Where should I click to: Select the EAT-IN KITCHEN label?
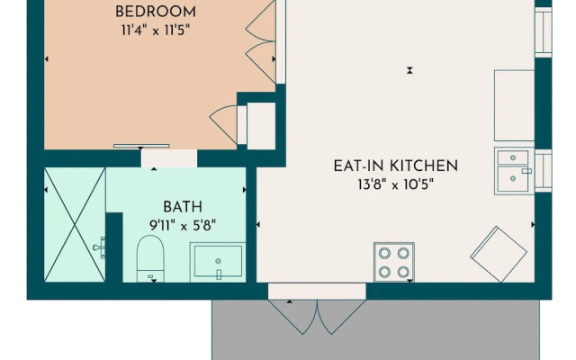(395, 166)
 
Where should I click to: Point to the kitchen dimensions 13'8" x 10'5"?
(395, 184)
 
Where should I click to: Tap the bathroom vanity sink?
(218, 263)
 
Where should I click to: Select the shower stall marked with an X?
(75, 224)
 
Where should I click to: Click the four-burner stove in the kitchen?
(394, 262)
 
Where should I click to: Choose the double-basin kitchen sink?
(513, 171)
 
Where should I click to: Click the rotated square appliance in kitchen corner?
(499, 253)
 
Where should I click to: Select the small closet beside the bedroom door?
(261, 126)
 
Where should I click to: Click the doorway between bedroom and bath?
(169, 158)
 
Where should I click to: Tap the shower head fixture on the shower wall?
(100, 245)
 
